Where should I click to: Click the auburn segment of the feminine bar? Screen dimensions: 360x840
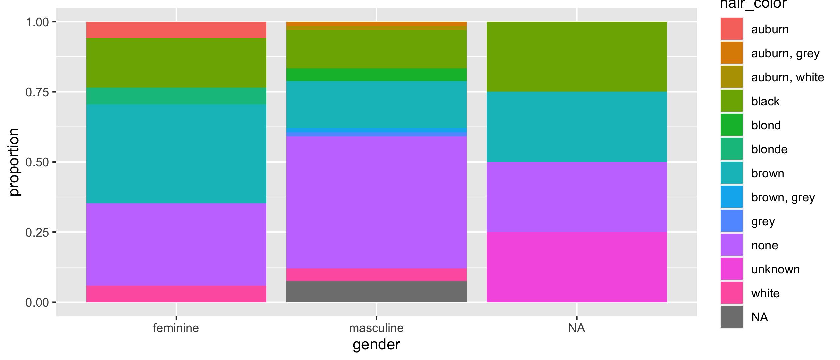[176, 30]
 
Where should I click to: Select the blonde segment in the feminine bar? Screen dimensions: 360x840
[176, 96]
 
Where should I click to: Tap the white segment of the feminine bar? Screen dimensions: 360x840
[176, 294]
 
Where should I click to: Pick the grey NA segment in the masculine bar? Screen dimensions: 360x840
[376, 292]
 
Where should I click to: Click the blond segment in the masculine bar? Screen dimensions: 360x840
[376, 75]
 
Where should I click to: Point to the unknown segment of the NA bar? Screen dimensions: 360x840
[577, 267]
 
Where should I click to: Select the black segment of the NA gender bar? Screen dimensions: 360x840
[577, 57]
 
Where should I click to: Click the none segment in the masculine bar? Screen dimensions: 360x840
[376, 202]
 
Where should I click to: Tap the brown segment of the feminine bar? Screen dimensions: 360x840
[176, 154]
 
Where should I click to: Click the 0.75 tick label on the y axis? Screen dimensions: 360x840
[37, 92]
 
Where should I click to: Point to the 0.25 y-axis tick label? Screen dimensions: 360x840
[37, 232]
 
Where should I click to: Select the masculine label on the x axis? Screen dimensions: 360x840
[376, 328]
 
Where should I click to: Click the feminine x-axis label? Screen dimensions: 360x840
[176, 328]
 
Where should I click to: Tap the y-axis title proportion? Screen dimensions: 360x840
[14, 162]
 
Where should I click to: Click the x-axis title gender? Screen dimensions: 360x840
[376, 345]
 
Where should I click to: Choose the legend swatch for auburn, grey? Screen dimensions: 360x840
[731, 53]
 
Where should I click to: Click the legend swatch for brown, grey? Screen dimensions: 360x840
[731, 197]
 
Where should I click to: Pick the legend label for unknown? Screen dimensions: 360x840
[775, 269]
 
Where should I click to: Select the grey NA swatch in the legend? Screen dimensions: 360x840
[731, 317]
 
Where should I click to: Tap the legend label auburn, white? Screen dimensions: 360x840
[787, 77]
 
